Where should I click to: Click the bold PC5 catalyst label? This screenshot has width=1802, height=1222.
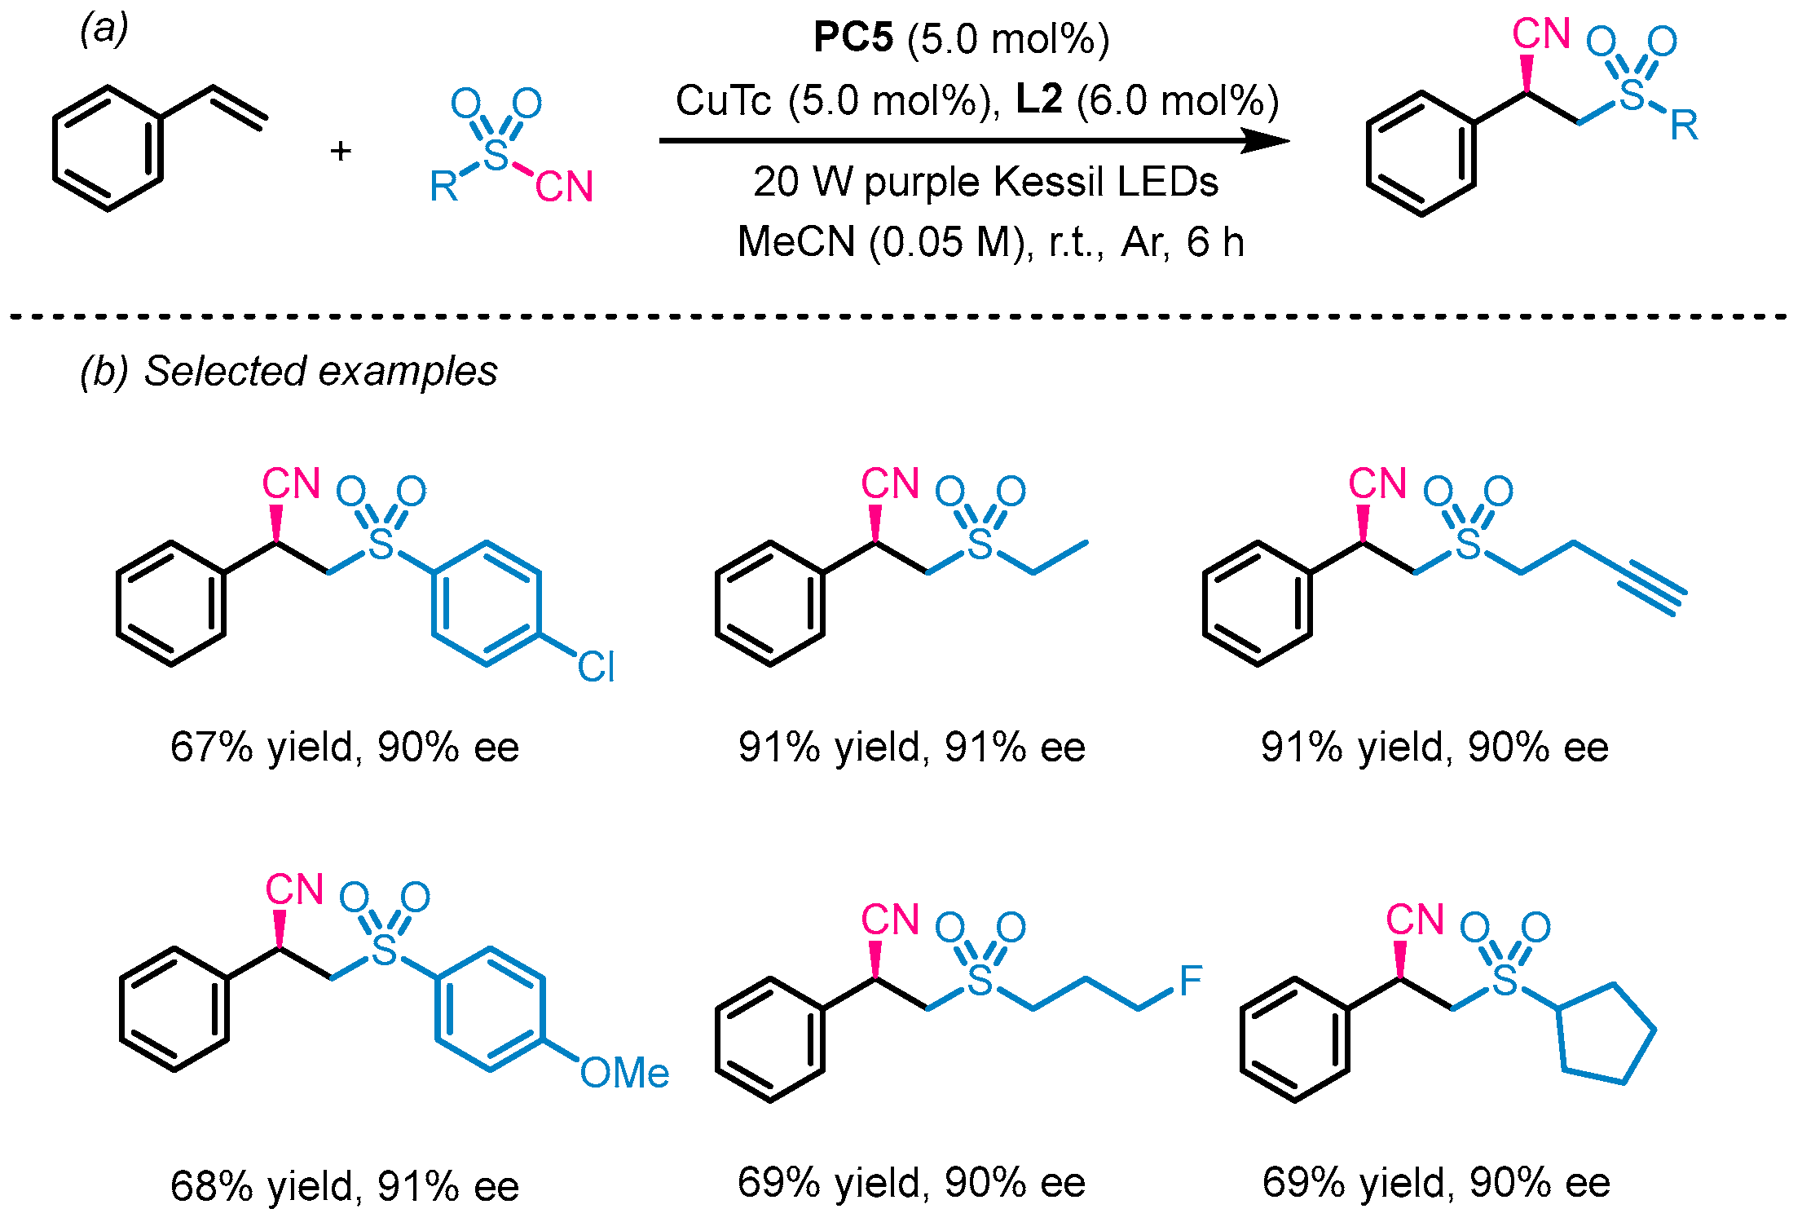click(853, 37)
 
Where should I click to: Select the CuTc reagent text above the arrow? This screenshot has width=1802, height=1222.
click(723, 100)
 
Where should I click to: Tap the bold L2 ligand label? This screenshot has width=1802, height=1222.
click(1039, 99)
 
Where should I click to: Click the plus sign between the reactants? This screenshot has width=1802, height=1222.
click(341, 152)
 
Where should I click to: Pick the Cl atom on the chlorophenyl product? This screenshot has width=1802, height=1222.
click(596, 667)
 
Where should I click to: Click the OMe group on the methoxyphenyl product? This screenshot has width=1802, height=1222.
click(624, 1072)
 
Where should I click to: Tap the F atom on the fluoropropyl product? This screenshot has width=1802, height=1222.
click(1191, 980)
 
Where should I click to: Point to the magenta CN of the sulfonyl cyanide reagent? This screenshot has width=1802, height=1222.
click(564, 187)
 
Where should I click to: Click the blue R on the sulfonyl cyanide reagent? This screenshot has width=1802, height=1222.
click(444, 187)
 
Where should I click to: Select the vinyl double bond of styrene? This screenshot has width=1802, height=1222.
click(240, 108)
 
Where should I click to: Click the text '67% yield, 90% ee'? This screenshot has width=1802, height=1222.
click(345, 747)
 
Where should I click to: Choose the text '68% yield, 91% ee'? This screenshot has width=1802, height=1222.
click(345, 1186)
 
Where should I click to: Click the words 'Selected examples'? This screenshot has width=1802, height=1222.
click(320, 371)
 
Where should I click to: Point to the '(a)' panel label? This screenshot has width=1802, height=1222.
click(104, 30)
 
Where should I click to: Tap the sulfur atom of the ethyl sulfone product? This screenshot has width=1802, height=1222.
click(980, 543)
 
